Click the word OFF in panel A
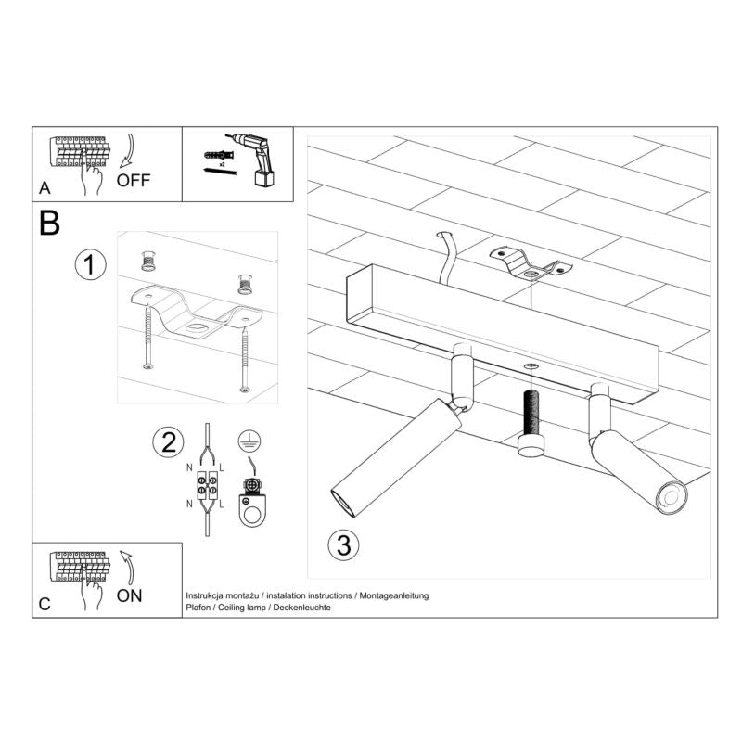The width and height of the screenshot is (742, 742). [x=132, y=180]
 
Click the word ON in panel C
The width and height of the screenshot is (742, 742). [x=130, y=595]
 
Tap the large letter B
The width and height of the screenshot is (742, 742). [x=50, y=224]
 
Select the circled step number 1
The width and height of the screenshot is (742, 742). [x=89, y=265]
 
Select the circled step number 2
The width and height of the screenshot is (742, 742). [x=167, y=442]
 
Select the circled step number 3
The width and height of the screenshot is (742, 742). [x=343, y=545]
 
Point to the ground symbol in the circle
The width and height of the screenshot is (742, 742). [x=249, y=441]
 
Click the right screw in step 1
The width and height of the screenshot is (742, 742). [x=245, y=352]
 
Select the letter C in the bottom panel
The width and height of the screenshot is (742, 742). [x=45, y=605]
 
